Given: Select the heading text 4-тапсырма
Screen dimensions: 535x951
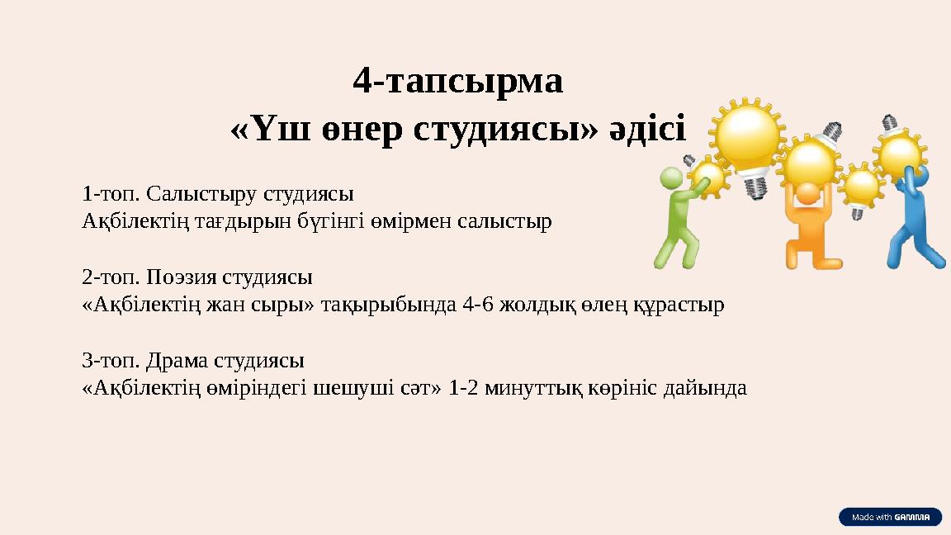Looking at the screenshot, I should pos(457,81).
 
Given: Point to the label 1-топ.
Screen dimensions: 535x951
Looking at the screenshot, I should pos(106,196).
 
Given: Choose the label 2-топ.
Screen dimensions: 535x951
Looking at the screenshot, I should pos(106,277).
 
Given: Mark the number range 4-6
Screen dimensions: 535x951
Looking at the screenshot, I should pos(479,305).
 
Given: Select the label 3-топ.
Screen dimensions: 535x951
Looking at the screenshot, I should pos(106,361).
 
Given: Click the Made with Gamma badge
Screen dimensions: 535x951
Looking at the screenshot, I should pos(890,517).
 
